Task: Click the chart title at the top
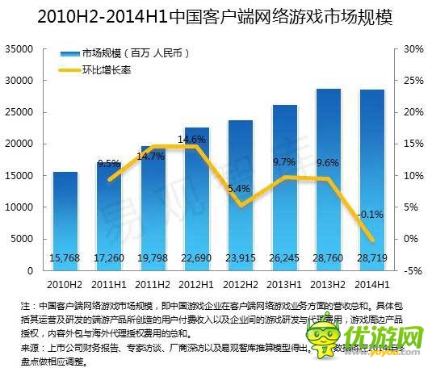(x=215, y=16)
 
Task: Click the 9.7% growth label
(x=284, y=162)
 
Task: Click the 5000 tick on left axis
(x=21, y=239)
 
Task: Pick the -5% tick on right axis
(x=413, y=270)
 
